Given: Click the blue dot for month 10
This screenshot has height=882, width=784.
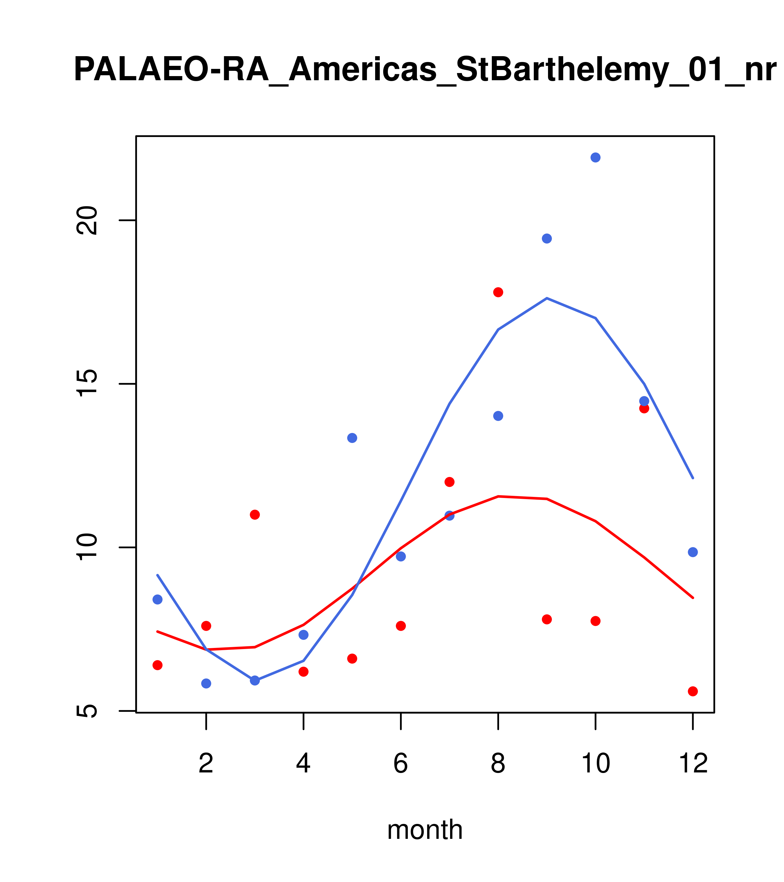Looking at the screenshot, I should pos(595,157).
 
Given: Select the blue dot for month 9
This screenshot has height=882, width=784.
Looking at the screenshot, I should pos(547,239).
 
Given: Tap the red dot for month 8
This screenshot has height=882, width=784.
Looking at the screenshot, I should pos(498,292).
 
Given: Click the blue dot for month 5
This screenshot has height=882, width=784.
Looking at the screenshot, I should pos(352,438).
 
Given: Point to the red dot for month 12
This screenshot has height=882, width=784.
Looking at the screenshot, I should pos(693,691).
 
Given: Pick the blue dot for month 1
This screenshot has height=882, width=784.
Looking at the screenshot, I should pos(157,599).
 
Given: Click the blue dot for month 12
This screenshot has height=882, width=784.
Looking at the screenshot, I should pos(693,552).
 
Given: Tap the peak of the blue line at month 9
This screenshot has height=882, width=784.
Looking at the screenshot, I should pos(547,298).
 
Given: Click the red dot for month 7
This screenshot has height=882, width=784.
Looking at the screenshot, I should pos(449,482).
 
